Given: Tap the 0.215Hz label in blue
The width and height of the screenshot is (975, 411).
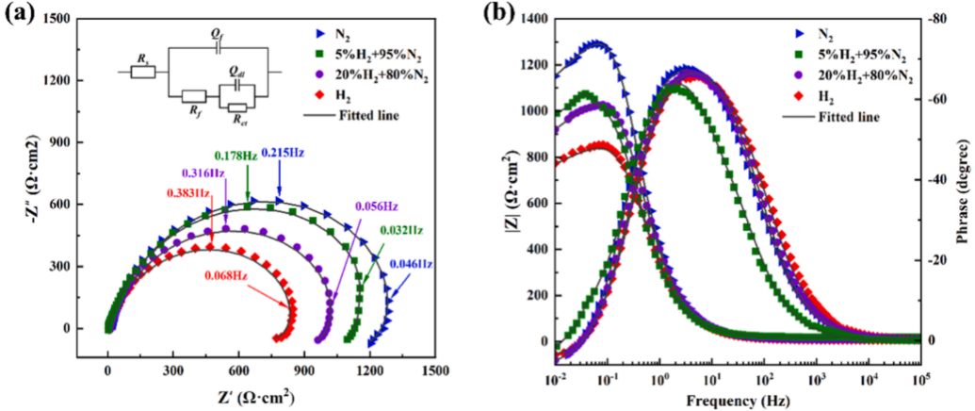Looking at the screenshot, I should (x=283, y=152).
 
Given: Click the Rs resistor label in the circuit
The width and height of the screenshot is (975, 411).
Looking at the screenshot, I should (x=142, y=58).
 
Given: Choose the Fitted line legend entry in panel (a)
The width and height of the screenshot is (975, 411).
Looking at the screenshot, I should (x=351, y=116).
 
